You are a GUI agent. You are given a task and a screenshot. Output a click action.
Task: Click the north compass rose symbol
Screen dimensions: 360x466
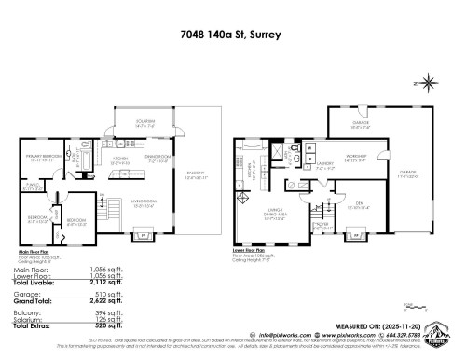click(x=427, y=82)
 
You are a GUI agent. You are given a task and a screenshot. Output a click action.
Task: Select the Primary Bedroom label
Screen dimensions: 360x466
click(x=45, y=157)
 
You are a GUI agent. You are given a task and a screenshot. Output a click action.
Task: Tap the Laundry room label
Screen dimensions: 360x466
click(x=310, y=168)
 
